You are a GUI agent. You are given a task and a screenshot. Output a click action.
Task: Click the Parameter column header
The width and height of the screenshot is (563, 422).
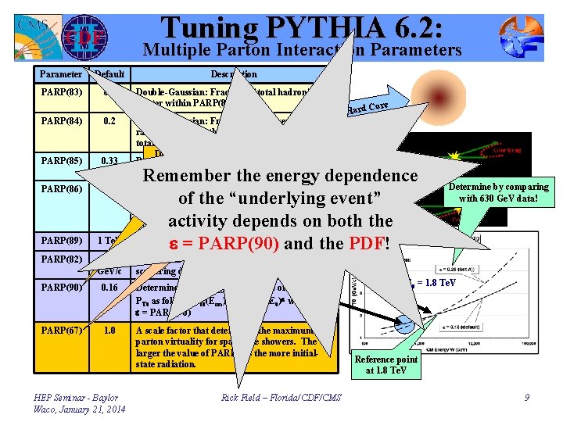click(60, 74)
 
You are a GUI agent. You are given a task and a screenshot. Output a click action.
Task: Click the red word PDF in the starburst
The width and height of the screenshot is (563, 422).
click(368, 243)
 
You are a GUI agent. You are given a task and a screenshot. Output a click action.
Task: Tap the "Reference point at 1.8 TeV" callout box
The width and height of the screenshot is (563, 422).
click(385, 364)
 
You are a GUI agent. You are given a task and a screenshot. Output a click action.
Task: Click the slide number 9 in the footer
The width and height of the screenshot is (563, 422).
click(527, 398)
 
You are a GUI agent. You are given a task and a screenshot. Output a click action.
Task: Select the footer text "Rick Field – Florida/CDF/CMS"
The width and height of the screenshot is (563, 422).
click(281, 398)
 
